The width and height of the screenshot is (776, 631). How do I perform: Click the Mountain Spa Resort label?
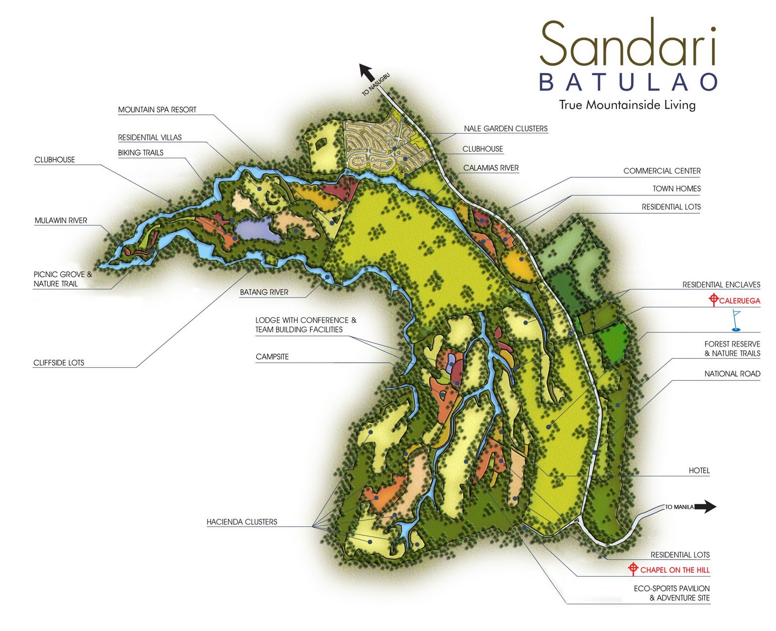pyautogui.click(x=157, y=110)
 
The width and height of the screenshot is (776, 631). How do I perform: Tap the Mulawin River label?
pyautogui.click(x=61, y=221)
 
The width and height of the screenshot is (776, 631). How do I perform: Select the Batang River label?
pyautogui.click(x=264, y=292)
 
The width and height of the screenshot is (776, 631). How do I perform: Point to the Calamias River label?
pyautogui.click(x=491, y=168)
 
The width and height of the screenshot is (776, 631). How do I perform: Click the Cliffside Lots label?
pyautogui.click(x=59, y=363)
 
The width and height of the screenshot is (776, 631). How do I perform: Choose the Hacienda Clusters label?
pyautogui.click(x=242, y=522)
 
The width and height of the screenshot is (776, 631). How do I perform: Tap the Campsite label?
pyautogui.click(x=272, y=357)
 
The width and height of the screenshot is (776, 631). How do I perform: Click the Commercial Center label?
pyautogui.click(x=662, y=171)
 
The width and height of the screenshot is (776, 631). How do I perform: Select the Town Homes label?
pyautogui.click(x=677, y=189)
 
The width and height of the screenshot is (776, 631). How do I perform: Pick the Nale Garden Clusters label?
pyautogui.click(x=505, y=128)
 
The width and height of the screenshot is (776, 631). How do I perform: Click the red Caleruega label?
pyautogui.click(x=739, y=300)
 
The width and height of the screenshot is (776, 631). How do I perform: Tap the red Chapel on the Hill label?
pyautogui.click(x=675, y=570)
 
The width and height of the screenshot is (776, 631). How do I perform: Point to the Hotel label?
pyautogui.click(x=699, y=471)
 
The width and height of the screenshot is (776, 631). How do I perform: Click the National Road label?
pyautogui.click(x=732, y=374)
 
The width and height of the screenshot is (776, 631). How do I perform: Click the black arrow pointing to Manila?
pyautogui.click(x=706, y=507)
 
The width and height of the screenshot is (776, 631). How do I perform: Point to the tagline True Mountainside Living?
pyautogui.click(x=627, y=105)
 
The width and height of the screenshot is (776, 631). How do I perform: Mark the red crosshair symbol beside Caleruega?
pyautogui.click(x=713, y=300)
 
